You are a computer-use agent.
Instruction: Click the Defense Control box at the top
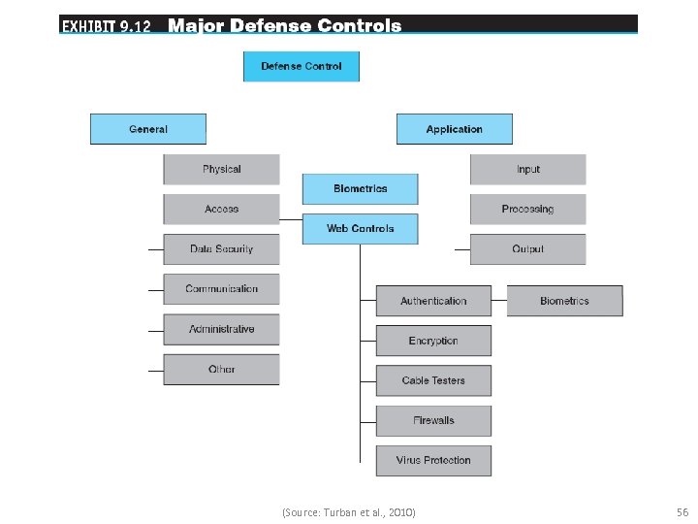coord(301,66)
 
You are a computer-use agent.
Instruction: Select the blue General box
coord(148,129)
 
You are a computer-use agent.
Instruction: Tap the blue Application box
coord(454,129)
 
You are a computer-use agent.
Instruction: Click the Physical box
coord(221,169)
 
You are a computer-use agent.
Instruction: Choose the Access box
coord(221,209)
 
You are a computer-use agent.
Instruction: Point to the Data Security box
coord(221,249)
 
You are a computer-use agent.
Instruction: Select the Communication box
coord(221,289)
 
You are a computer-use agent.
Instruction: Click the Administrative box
coord(221,329)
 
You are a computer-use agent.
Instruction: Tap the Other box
coord(221,369)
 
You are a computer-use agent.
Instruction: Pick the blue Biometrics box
coord(360,188)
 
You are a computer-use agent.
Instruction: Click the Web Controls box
coord(360,228)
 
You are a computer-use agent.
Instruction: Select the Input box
coord(527,169)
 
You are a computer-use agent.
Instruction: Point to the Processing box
coord(527,209)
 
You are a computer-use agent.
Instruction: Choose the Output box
coord(527,249)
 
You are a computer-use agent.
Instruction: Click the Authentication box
coord(433,301)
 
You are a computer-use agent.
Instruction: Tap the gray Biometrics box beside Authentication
coord(564,301)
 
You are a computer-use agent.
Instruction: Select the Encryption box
coord(433,341)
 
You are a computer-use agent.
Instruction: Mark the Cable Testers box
coord(433,380)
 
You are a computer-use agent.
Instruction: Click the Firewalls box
coord(433,420)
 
